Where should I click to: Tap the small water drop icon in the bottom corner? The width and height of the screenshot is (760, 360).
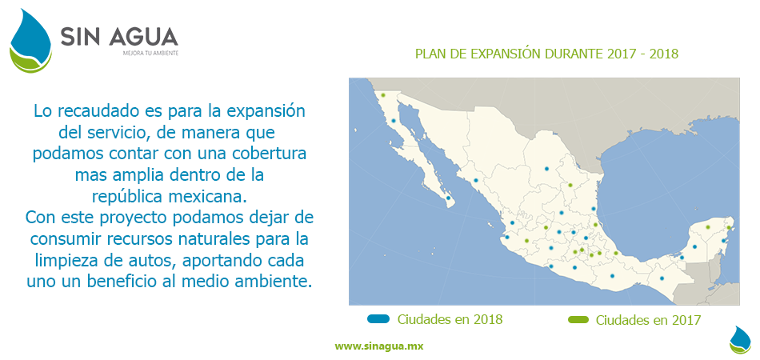pos(740,339)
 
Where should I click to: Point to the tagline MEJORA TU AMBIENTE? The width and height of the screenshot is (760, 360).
pos(150,54)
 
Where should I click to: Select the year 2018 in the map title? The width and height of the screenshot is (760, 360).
pos(663,54)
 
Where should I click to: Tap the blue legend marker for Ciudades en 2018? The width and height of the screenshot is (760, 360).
pos(378,319)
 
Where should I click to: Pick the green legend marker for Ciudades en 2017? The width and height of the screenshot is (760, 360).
pos(578,320)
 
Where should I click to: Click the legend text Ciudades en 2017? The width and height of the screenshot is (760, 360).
pos(648,320)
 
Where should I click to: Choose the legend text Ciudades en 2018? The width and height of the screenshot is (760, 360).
pos(450,319)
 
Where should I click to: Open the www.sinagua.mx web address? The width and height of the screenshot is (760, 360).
pos(378,346)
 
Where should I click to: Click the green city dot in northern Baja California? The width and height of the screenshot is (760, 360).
pos(383,95)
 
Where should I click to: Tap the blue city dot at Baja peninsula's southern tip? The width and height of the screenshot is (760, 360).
pos(448,198)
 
